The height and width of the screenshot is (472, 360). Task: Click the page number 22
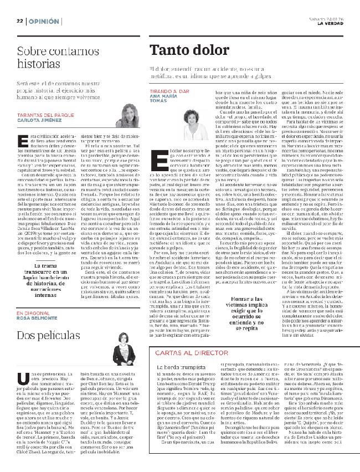(x=18, y=20)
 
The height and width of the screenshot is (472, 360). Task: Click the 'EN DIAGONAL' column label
(x=33, y=313)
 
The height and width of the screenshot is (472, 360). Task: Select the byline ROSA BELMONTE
(x=37, y=318)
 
